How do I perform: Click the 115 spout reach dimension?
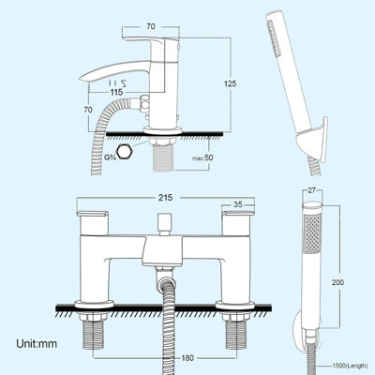(x=116, y=91)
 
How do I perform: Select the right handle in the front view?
(x=235, y=223)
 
